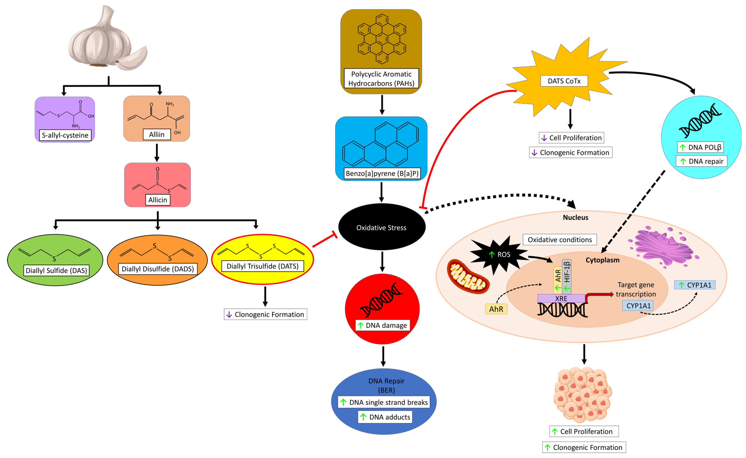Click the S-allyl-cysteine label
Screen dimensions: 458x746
(x=65, y=135)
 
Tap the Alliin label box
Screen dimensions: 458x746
(x=156, y=134)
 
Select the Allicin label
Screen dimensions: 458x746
(x=158, y=200)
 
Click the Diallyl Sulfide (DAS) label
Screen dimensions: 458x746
(x=56, y=270)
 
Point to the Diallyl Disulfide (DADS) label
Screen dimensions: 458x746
(x=158, y=269)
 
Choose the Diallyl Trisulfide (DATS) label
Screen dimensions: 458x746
(x=262, y=266)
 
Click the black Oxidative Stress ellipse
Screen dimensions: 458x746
(x=381, y=227)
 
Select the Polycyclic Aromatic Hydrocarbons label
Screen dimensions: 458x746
(x=381, y=78)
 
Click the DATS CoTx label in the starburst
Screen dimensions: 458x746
(x=564, y=81)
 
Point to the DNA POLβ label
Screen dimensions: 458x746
(x=700, y=147)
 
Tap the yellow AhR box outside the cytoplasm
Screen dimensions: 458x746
(x=496, y=309)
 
